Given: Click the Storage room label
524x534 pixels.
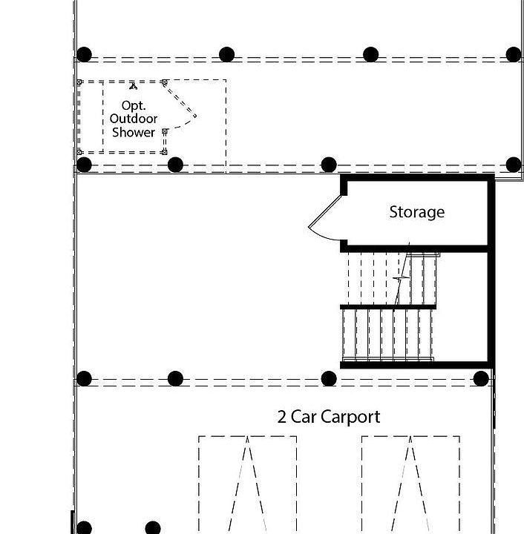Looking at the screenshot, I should [416, 212].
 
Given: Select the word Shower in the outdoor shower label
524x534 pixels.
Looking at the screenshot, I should [134, 133].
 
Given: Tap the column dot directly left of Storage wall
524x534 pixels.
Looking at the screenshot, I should [329, 165].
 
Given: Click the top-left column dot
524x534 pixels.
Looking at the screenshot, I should [85, 54].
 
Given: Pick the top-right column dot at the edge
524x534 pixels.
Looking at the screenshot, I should [513, 54].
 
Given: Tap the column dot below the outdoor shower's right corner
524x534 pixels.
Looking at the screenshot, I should [175, 165].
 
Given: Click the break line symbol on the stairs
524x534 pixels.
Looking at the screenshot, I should [402, 277].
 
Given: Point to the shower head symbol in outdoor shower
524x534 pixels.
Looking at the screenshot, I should [134, 85].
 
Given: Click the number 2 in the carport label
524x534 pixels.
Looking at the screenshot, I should [282, 417].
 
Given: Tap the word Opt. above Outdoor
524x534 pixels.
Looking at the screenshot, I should [134, 105].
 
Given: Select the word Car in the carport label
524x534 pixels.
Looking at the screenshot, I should [304, 417].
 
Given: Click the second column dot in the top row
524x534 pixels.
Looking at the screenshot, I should [227, 54].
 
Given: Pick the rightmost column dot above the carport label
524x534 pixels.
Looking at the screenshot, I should [481, 379].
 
